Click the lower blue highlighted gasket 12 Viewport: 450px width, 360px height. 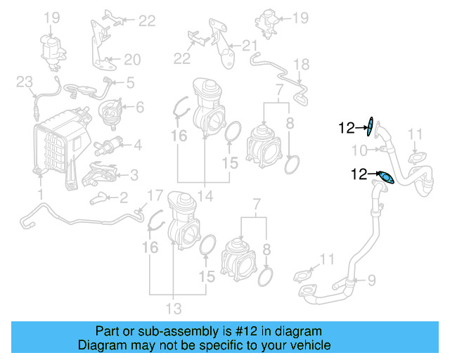pyautogui.click(x=385, y=177)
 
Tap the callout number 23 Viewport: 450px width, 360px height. pyautogui.click(x=25, y=83)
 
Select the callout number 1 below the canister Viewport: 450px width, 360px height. pyautogui.click(x=40, y=193)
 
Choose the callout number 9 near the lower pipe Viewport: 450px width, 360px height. pyautogui.click(x=372, y=279)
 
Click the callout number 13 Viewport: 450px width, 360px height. pyautogui.click(x=173, y=307)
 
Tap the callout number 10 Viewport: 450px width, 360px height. pyautogui.click(x=359, y=149)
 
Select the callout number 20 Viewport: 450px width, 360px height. pyautogui.click(x=133, y=58)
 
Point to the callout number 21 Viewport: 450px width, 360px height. pyautogui.click(x=251, y=46)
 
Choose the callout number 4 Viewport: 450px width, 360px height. pyautogui.click(x=137, y=146)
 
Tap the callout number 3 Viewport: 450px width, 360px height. pyautogui.click(x=133, y=174)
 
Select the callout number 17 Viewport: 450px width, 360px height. pyautogui.click(x=154, y=195)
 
